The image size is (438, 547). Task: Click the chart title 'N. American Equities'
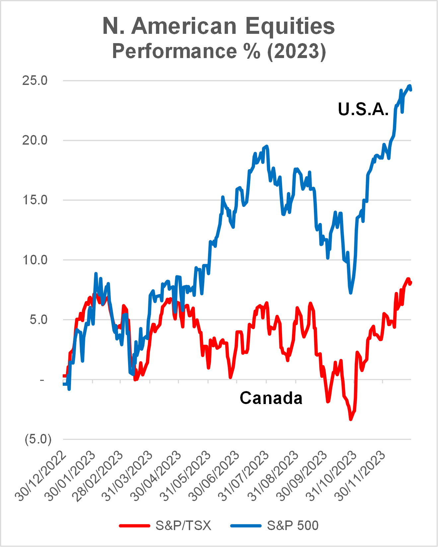(x=219, y=26)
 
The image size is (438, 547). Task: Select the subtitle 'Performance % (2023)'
(x=219, y=51)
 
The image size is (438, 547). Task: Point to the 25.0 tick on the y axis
(x=35, y=81)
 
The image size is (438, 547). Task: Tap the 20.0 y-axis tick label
(x=35, y=140)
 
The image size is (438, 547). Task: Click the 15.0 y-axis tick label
(x=35, y=200)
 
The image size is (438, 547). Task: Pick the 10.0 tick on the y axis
(x=35, y=260)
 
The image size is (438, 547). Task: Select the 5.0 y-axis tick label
(x=38, y=320)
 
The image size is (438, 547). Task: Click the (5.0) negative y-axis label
(x=38, y=439)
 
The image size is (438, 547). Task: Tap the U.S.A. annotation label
(x=363, y=109)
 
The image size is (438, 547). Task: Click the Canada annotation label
(x=271, y=398)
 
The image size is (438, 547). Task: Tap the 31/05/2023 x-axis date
(x=186, y=476)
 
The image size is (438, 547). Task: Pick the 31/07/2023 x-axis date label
(x=244, y=476)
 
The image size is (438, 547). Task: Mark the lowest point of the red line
(x=351, y=420)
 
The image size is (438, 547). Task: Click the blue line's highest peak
(x=410, y=86)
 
